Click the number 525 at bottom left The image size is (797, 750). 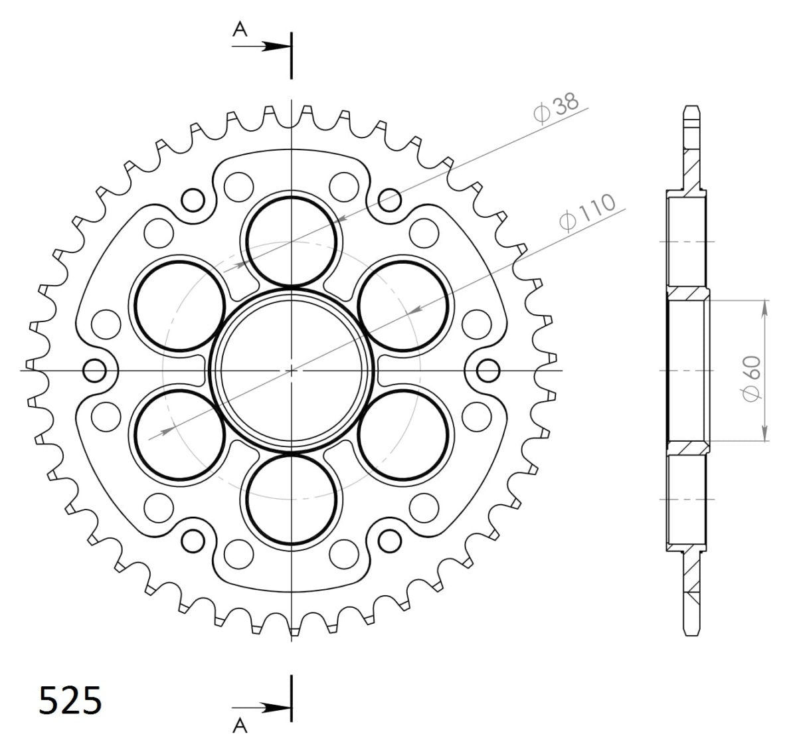pos(70,702)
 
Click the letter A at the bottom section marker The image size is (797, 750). pos(240,727)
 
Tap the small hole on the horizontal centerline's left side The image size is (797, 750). pos(94,369)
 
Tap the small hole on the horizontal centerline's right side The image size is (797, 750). pos(488,369)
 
